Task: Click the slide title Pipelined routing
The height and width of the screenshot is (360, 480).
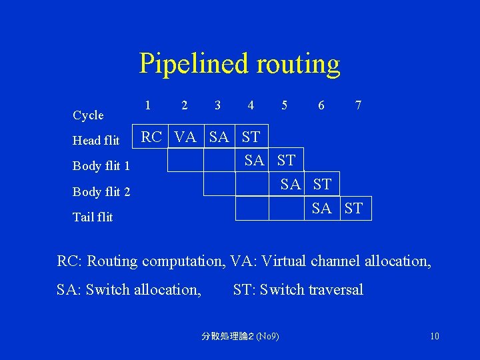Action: click(x=239, y=63)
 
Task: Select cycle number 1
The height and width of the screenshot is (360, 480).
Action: click(x=147, y=105)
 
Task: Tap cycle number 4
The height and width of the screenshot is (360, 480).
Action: click(x=250, y=105)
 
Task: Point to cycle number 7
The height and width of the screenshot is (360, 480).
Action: click(x=359, y=105)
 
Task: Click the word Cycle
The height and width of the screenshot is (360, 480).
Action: click(x=88, y=115)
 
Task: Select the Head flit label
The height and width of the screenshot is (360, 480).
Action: click(x=96, y=140)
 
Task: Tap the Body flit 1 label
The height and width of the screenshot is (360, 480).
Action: click(x=101, y=165)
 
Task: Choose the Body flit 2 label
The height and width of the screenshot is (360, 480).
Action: click(x=101, y=192)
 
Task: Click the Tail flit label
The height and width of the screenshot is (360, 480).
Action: click(x=93, y=217)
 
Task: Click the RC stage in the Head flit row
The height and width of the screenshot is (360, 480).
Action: click(x=151, y=137)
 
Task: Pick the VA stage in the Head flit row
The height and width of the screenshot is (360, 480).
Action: click(x=185, y=137)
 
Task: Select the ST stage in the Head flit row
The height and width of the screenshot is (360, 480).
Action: click(x=251, y=137)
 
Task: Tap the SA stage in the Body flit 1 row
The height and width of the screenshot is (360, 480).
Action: click(x=254, y=160)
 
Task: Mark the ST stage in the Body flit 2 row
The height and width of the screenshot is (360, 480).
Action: click(x=322, y=184)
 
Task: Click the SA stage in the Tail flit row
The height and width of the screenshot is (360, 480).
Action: click(x=321, y=209)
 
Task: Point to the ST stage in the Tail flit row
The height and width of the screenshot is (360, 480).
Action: click(x=354, y=209)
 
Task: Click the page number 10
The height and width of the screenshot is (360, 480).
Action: click(x=434, y=336)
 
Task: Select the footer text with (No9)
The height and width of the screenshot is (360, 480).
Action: click(x=241, y=336)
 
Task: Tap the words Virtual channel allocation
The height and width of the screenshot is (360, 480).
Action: click(x=347, y=261)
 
